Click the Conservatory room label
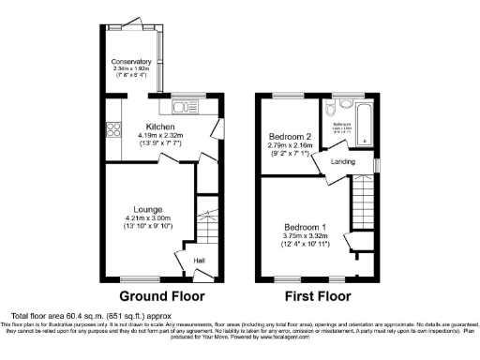[x=132, y=61]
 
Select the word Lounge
[x=147, y=208]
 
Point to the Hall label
[x=199, y=260]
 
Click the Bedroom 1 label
[x=306, y=227]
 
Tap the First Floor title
[x=319, y=297]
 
